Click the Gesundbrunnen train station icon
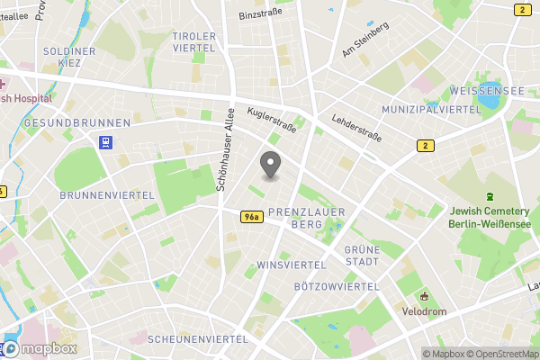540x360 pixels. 106,141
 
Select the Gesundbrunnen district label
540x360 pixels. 77,122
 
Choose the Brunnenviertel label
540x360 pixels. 97,194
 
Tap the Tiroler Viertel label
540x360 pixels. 194,41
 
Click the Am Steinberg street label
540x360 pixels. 364,40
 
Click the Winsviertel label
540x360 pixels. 291,265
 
